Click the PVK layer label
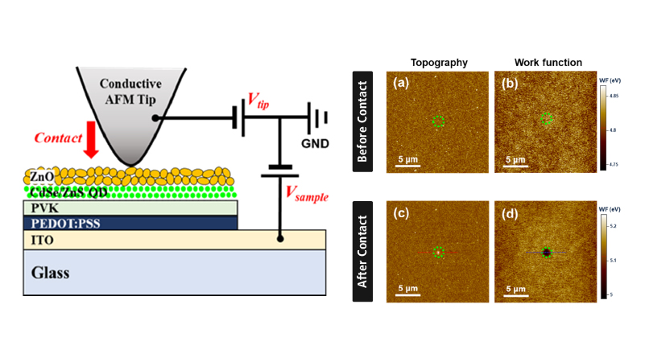[x=39, y=208]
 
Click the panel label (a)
[x=399, y=83]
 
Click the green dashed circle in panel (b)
[x=547, y=119]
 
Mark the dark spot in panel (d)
[x=547, y=253]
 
